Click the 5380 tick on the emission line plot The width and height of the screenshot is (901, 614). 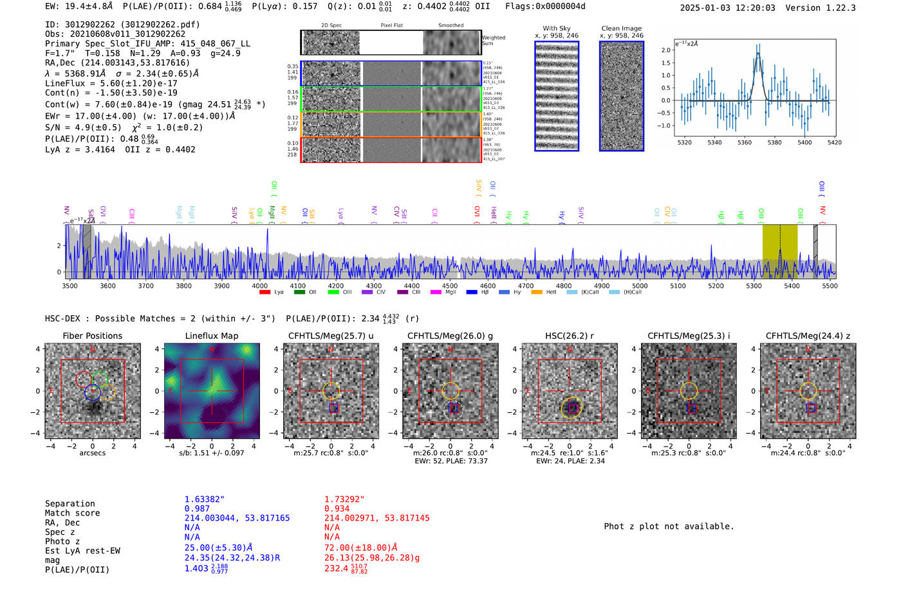click(x=774, y=142)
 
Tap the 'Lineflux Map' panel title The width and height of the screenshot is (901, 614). click(x=211, y=336)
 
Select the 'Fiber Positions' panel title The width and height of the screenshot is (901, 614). click(x=92, y=336)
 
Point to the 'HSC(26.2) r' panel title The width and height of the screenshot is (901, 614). click(x=569, y=336)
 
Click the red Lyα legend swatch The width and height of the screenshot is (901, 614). click(x=265, y=293)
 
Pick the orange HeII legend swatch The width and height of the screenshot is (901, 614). click(x=536, y=293)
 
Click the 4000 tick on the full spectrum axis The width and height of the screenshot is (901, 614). click(x=260, y=285)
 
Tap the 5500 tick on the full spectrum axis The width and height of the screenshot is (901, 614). click(x=830, y=285)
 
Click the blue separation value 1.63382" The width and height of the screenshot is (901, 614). click(x=204, y=499)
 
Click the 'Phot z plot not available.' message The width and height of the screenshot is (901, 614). click(x=669, y=526)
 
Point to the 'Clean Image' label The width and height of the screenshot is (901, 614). click(x=621, y=28)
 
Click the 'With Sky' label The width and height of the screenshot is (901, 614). click(x=556, y=28)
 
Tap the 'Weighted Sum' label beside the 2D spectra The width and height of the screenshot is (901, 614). click(x=494, y=41)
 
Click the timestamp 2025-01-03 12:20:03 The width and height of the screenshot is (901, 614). click(x=727, y=8)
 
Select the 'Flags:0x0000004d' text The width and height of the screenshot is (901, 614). click(x=545, y=6)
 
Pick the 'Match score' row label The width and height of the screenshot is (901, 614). click(x=72, y=513)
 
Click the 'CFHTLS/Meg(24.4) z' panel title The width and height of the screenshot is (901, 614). click(x=808, y=336)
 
